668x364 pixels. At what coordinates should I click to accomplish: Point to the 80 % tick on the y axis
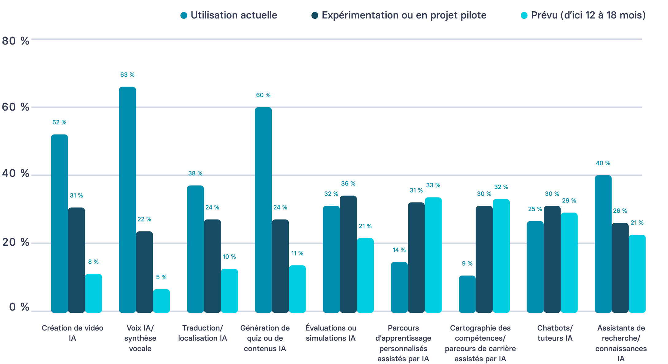pyautogui.click(x=15, y=41)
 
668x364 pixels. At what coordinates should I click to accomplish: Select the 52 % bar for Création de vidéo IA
pyautogui.click(x=59, y=223)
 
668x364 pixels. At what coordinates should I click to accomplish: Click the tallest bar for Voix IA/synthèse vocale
pyautogui.click(x=127, y=200)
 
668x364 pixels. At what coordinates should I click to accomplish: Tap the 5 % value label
pyautogui.click(x=161, y=277)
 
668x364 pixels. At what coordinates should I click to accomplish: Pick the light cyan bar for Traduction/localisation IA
pyautogui.click(x=229, y=291)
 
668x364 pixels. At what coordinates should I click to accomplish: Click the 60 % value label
pyautogui.click(x=263, y=95)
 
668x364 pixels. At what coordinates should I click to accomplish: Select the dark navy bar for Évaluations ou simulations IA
pyautogui.click(x=348, y=254)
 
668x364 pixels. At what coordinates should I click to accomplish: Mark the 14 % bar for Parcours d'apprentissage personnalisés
pyautogui.click(x=399, y=287)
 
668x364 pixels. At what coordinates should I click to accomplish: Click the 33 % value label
pyautogui.click(x=433, y=185)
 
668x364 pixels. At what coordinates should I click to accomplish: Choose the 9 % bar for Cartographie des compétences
pyautogui.click(x=467, y=294)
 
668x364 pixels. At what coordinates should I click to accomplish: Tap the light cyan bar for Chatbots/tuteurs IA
pyautogui.click(x=569, y=263)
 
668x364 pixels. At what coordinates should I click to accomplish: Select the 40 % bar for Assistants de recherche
pyautogui.click(x=603, y=244)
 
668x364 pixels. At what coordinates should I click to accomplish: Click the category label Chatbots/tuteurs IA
pyautogui.click(x=555, y=333)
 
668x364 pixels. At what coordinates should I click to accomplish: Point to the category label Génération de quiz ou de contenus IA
pyautogui.click(x=265, y=338)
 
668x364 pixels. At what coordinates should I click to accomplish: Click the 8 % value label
pyautogui.click(x=93, y=262)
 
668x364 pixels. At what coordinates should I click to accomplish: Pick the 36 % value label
pyautogui.click(x=348, y=184)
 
